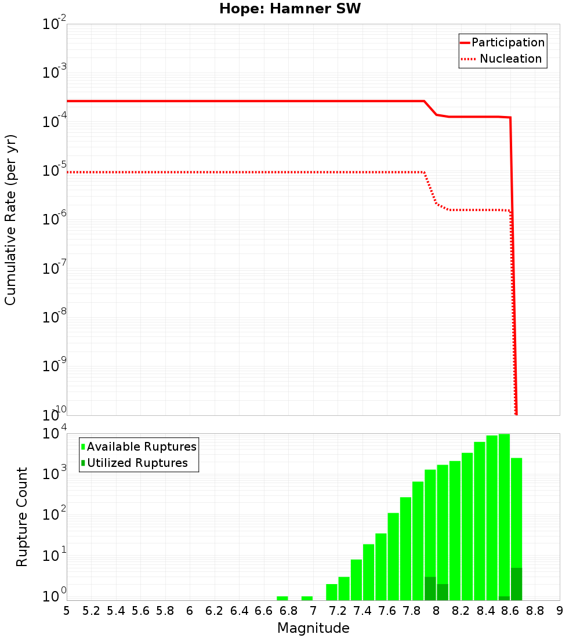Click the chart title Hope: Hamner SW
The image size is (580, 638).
[x=290, y=9]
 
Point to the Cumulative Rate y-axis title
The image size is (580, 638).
[x=10, y=219]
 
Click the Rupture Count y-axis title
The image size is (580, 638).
[x=22, y=516]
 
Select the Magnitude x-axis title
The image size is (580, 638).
[x=313, y=628]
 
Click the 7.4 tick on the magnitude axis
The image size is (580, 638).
[x=362, y=611]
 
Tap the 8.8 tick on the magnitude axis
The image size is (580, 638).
[x=535, y=611]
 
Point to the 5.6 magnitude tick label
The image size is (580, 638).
[x=140, y=611]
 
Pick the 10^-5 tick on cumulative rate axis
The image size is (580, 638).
[x=52, y=172]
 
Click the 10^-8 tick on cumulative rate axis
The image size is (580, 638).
[x=52, y=318]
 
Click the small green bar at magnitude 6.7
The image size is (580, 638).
[x=282, y=598]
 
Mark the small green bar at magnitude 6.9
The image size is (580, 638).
[x=307, y=598]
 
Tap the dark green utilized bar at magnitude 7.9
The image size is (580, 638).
[x=430, y=589]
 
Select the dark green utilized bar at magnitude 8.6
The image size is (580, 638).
[x=517, y=584]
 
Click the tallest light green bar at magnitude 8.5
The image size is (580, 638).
[x=504, y=516]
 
